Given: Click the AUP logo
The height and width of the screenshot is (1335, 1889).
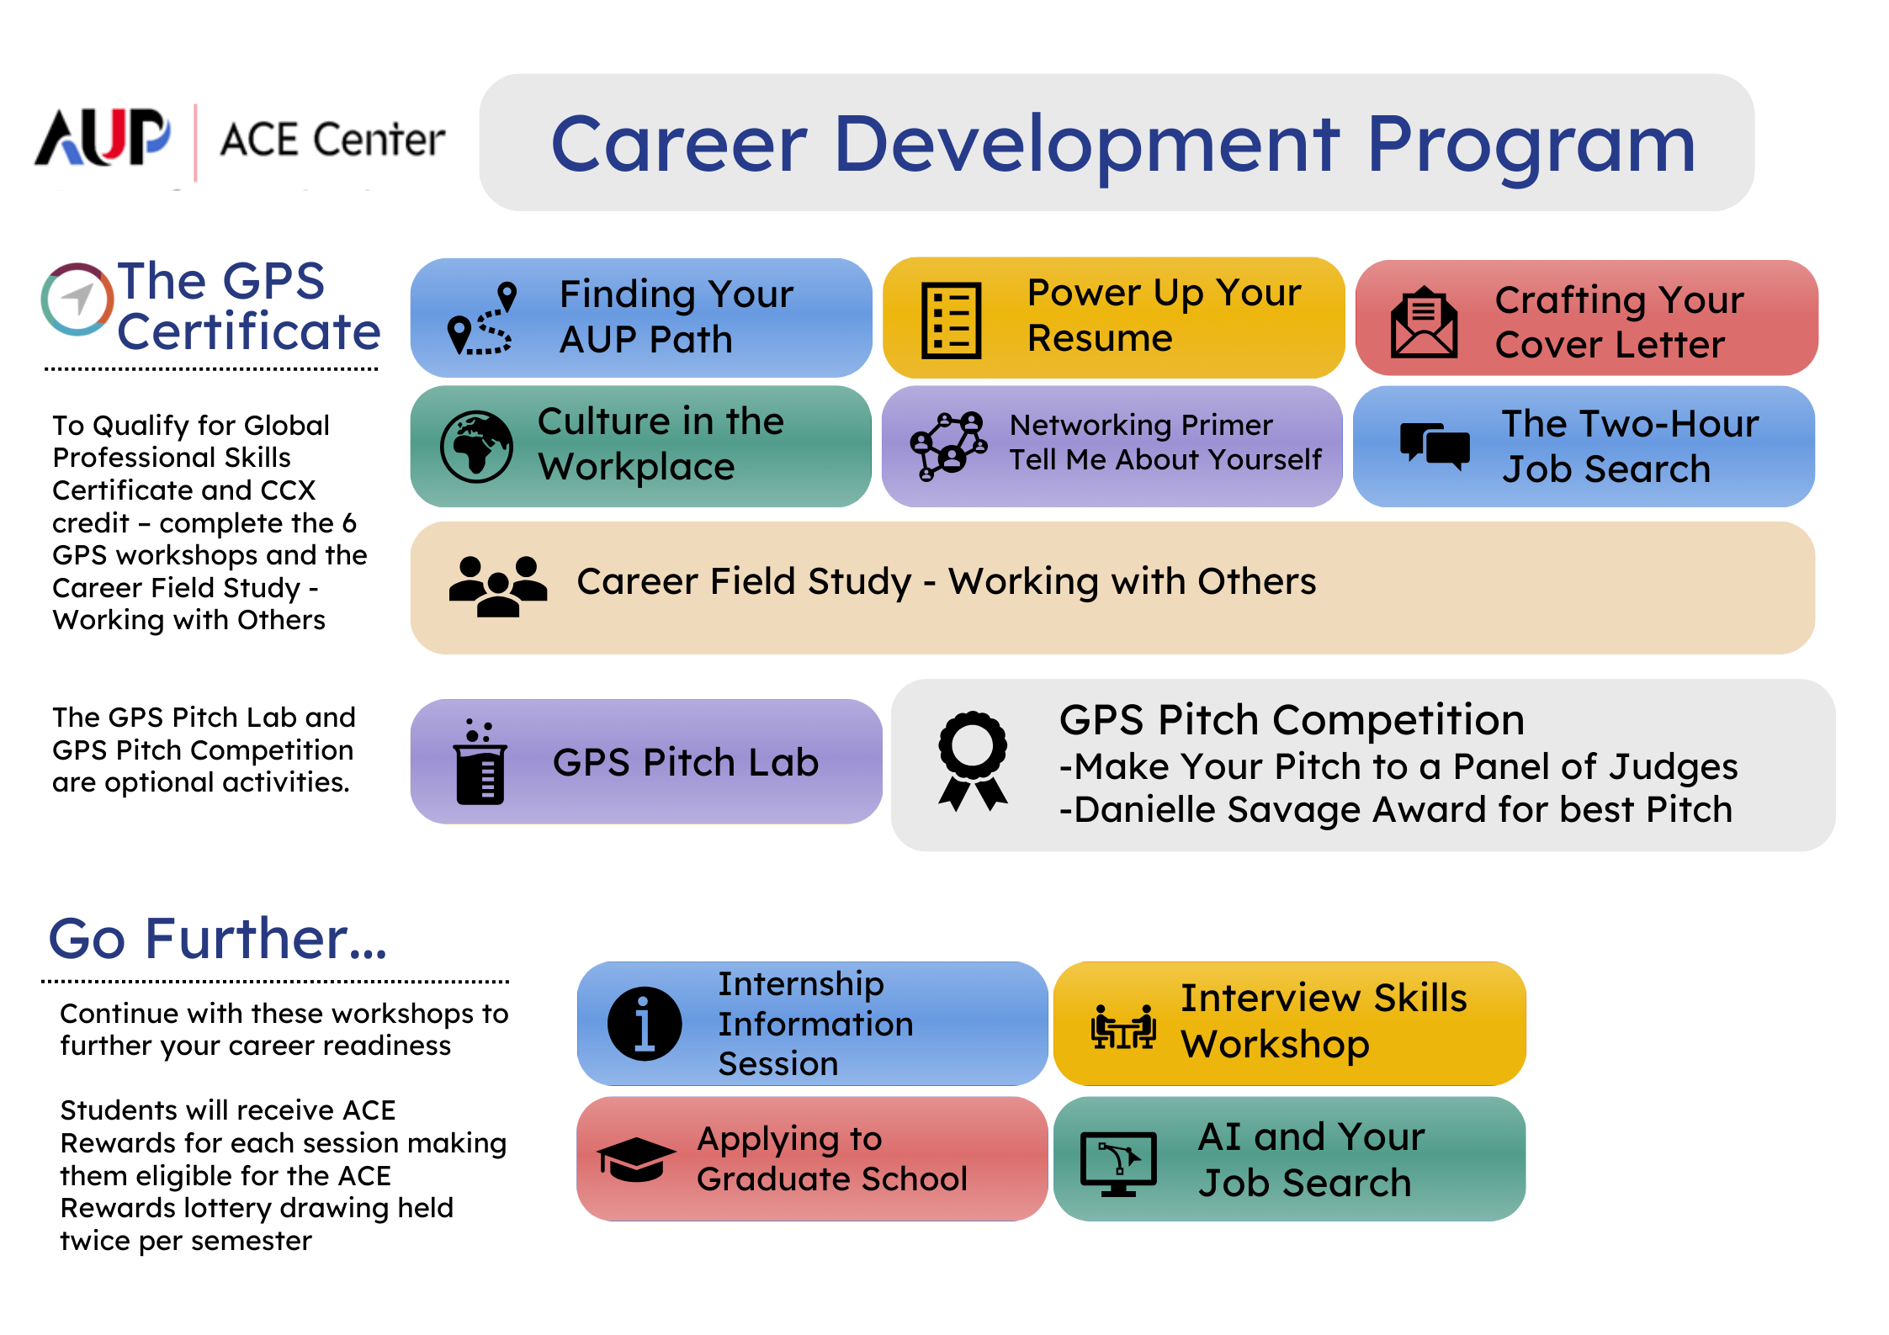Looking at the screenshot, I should pyautogui.click(x=103, y=138).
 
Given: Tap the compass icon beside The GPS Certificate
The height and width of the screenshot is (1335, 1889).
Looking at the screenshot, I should pyautogui.click(x=77, y=299).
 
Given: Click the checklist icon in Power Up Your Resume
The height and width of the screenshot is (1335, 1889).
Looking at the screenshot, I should pyautogui.click(x=951, y=321).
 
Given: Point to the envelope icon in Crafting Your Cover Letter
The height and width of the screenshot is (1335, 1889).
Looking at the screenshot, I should pyautogui.click(x=1424, y=323).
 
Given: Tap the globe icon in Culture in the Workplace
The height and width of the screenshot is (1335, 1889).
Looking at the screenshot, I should pyautogui.click(x=476, y=447).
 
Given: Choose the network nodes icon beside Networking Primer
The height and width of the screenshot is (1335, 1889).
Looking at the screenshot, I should pyautogui.click(x=948, y=446).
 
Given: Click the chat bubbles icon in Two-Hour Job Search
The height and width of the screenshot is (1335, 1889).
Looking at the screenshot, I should pyautogui.click(x=1435, y=445).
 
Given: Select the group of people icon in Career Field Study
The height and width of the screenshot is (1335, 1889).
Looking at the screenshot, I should pyautogui.click(x=497, y=586).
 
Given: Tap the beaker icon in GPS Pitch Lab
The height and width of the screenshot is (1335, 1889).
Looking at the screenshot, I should pyautogui.click(x=480, y=763).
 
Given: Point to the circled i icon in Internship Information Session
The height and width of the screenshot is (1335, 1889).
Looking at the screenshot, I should pyautogui.click(x=645, y=1024).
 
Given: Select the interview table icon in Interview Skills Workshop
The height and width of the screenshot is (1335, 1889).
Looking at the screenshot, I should pyautogui.click(x=1123, y=1027).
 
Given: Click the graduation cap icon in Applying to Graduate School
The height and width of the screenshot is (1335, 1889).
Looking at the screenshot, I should pyautogui.click(x=636, y=1159).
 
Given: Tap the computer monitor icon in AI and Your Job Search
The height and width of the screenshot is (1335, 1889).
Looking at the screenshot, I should pyautogui.click(x=1118, y=1163).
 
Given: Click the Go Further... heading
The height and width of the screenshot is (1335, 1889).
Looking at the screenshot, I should pyautogui.click(x=217, y=939).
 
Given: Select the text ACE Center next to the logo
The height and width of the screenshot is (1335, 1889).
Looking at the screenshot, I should pyautogui.click(x=332, y=140).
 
